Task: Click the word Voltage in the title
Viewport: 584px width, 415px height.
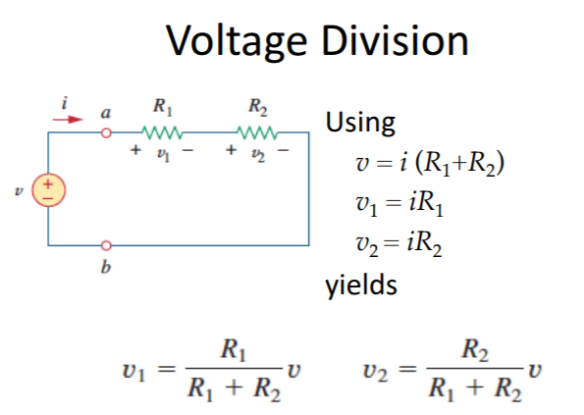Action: (x=237, y=41)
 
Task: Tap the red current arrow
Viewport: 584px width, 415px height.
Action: (x=68, y=120)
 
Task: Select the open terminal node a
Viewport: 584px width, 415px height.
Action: (x=106, y=132)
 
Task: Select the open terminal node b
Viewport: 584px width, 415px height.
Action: (x=106, y=245)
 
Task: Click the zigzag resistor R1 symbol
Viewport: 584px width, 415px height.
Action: (x=162, y=132)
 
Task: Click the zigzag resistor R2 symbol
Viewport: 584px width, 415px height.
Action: (x=257, y=132)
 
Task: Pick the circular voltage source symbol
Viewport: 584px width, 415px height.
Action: (x=48, y=189)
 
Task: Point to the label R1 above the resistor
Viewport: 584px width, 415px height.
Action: (x=163, y=107)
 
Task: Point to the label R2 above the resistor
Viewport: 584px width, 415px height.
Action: (x=258, y=107)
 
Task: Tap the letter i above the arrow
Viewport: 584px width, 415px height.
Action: (x=65, y=103)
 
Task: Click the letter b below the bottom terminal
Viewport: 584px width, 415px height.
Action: (x=106, y=267)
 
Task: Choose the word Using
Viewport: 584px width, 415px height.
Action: (x=360, y=124)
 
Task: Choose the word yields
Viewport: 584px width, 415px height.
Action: (x=361, y=285)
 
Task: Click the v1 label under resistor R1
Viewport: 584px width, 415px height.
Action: (x=163, y=154)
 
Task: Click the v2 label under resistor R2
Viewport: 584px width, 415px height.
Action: (x=258, y=154)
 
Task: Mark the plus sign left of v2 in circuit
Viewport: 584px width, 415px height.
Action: (x=231, y=150)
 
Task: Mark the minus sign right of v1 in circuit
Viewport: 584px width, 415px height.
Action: (x=187, y=150)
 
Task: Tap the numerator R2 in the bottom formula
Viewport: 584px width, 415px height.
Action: (x=475, y=350)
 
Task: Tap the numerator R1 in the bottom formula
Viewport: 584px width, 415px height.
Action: (x=234, y=350)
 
